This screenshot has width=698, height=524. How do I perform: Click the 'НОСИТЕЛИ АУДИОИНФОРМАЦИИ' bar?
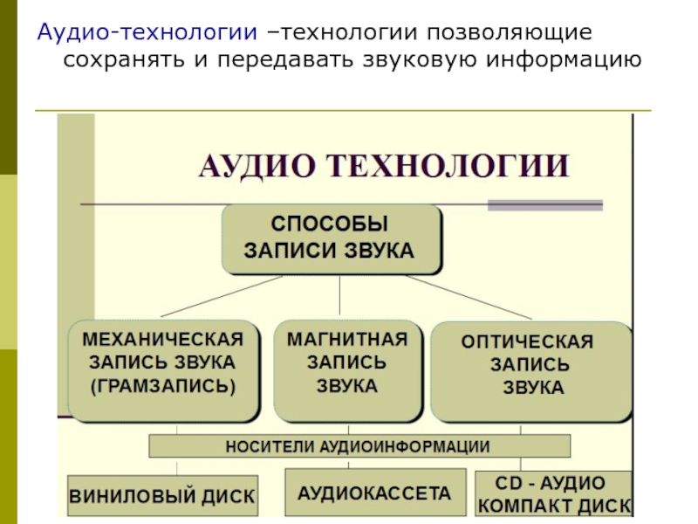click(359, 446)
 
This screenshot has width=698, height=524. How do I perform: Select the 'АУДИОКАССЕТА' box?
click(375, 494)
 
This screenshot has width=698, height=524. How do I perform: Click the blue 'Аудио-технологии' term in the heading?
click(147, 33)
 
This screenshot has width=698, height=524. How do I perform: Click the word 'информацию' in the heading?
click(558, 60)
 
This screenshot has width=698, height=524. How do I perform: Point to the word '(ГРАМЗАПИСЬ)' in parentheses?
click(163, 384)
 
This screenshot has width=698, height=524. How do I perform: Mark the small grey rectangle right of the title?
click(544, 205)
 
